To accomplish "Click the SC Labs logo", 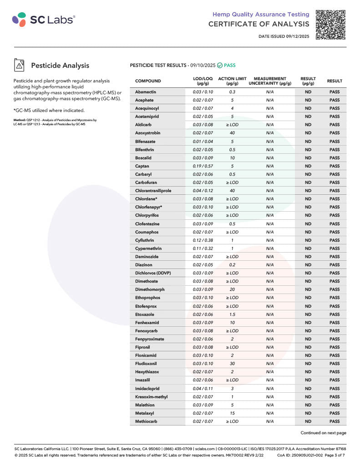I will [44, 19].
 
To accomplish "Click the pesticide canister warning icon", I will [19, 66].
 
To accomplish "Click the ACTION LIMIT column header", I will [232, 81].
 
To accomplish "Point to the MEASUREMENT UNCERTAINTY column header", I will [270, 81].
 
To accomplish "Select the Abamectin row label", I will [146, 92].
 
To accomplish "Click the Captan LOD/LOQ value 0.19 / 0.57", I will [203, 166].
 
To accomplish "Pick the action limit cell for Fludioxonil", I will [232, 364].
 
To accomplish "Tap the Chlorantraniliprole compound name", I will [153, 191].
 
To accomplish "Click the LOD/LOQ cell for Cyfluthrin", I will [203, 240].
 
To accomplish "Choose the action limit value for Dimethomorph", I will [232, 289].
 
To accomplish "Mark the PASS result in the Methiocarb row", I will [335, 421].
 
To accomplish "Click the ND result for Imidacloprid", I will [308, 389].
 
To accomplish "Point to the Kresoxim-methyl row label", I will [151, 397].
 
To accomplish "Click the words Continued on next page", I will [323, 433].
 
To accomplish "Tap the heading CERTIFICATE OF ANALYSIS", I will [259, 24].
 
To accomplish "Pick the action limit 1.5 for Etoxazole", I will [232, 314].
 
